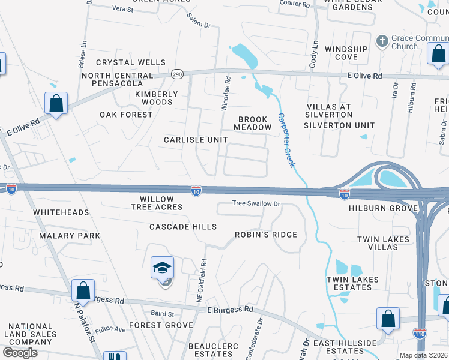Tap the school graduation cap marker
coord(162,268)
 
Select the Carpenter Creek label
coord(285,140)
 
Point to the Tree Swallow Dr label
coord(257,204)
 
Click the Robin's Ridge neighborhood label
coord(265,235)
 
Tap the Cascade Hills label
coord(182,227)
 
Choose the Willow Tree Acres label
coord(157,203)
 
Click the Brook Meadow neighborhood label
coord(253,124)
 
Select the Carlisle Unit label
coord(196,140)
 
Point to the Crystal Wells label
coord(131,62)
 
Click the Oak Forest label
coord(126,115)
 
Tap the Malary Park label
coord(70,236)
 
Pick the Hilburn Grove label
coord(383,208)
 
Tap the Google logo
coord(20,353)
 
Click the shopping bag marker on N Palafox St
coord(83,290)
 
